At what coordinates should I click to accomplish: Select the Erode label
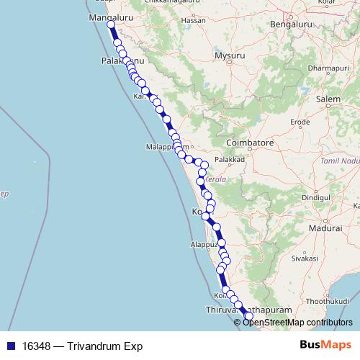pyautogui.click(x=300, y=122)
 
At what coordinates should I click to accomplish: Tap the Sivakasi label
pyautogui.click(x=305, y=256)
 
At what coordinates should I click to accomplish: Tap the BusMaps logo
pyautogui.click(x=325, y=345)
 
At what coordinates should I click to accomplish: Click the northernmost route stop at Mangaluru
pyautogui.click(x=111, y=26)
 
